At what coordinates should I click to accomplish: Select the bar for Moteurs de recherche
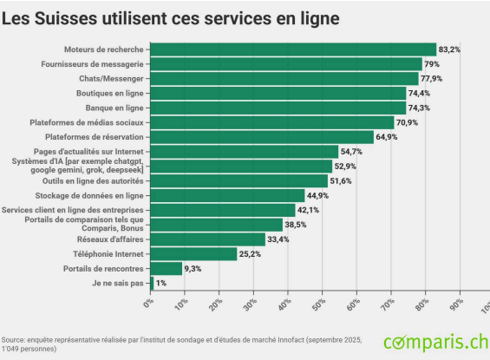coord(294,49)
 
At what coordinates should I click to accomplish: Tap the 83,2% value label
coord(449,49)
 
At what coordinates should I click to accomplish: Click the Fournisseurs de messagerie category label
coord(93,64)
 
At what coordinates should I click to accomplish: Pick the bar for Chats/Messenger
coord(285,79)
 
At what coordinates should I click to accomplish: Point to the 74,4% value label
coord(420,94)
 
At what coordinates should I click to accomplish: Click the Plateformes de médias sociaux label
coord(85,122)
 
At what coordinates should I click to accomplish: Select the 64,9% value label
coord(387,137)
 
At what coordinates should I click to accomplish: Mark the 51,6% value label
coord(341,180)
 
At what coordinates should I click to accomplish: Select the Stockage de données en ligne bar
coord(228,195)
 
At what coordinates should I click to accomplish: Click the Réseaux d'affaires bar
coord(209,239)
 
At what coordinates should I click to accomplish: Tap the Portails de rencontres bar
coord(167,268)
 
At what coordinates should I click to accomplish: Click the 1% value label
coord(161,283)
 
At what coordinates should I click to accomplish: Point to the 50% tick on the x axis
coord(317,303)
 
